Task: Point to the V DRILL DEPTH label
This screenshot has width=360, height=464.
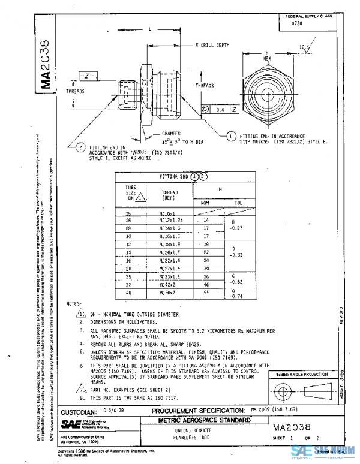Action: click(213, 45)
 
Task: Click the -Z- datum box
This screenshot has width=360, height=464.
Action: click(88, 77)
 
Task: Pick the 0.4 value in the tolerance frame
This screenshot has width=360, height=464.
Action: click(219, 110)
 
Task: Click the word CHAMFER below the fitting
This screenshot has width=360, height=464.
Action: click(171, 134)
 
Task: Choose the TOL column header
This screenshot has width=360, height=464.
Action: click(238, 203)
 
